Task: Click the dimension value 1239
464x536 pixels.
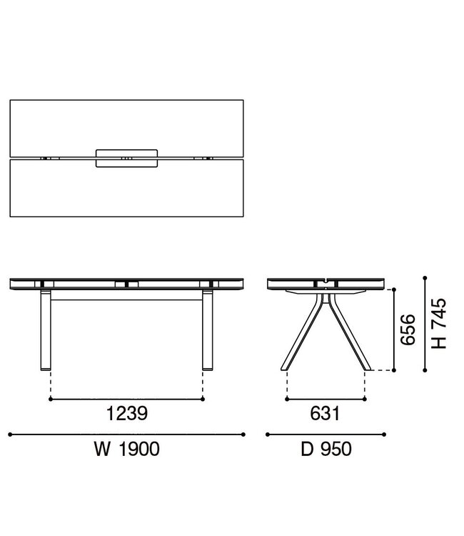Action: pyautogui.click(x=127, y=412)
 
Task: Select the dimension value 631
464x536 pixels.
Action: pyautogui.click(x=325, y=412)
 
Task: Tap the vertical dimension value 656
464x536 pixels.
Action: pyautogui.click(x=407, y=330)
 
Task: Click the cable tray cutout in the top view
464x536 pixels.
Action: pyautogui.click(x=126, y=158)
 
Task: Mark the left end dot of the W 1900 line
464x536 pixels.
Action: pyautogui.click(x=10, y=434)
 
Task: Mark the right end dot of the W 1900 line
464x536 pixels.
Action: pyautogui.click(x=243, y=434)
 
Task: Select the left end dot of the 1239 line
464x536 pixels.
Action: pyautogui.click(x=50, y=399)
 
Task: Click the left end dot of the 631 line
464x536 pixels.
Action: pyautogui.click(x=286, y=399)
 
